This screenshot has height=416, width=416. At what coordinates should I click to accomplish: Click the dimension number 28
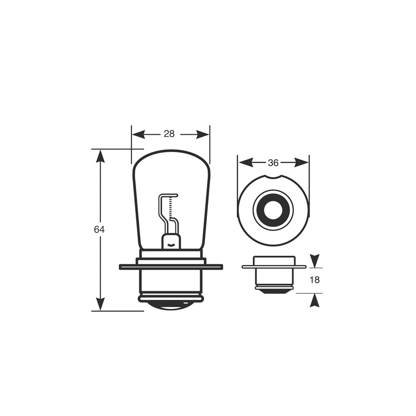pos(169,134)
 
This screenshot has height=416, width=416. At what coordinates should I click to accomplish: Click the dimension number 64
pos(99,229)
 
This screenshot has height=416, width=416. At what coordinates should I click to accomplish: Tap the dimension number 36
pos(273,163)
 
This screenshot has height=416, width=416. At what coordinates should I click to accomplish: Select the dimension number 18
pos(314,280)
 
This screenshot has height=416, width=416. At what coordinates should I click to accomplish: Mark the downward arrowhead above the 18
pos(314,261)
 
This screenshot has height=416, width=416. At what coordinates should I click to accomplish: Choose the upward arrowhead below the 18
pos(314,301)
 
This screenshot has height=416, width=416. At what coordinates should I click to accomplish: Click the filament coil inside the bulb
pos(171,206)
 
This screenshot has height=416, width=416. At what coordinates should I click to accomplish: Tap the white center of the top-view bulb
pos(273,210)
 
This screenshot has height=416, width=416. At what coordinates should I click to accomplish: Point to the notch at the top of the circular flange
pos(274,177)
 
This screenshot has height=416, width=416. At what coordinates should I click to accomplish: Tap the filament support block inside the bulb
pos(170,241)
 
